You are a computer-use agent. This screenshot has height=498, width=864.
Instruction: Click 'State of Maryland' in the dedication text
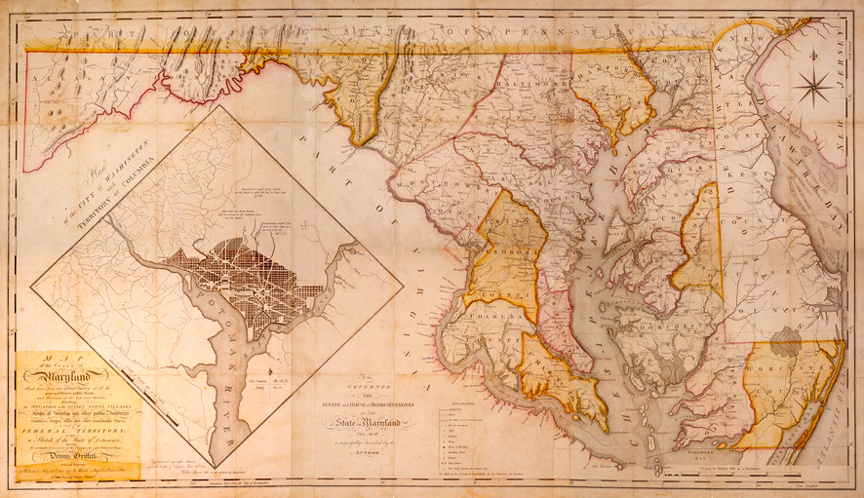(381, 422)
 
